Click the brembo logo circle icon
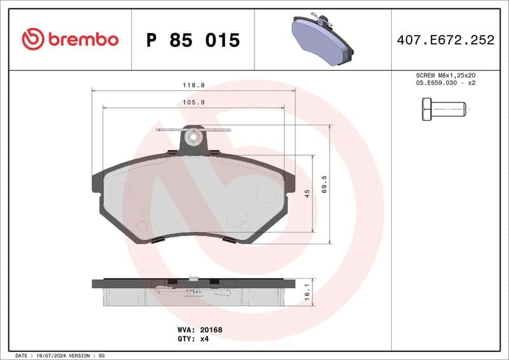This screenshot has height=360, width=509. (x=33, y=39)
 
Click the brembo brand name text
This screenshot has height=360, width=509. (x=83, y=39)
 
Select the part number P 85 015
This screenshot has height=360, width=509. (x=193, y=40)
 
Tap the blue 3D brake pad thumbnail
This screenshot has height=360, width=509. (x=322, y=39)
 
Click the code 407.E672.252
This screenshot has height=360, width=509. (x=445, y=40)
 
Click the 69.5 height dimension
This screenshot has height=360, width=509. (x=324, y=184)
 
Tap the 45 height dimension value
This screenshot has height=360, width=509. (x=307, y=193)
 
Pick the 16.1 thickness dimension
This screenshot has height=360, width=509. (x=307, y=292)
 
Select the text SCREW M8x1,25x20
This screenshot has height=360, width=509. (x=445, y=75)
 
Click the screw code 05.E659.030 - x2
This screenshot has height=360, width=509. (x=445, y=83)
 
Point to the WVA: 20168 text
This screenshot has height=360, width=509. (x=199, y=330)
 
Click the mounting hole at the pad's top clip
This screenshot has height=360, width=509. (x=193, y=136)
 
